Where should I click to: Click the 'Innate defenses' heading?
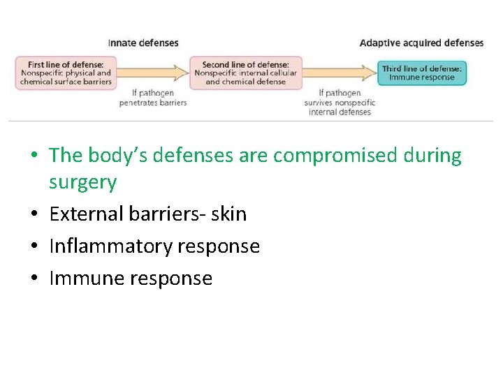(x=143, y=43)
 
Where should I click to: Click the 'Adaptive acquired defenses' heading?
(x=421, y=43)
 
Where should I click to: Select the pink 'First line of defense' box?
(x=66, y=73)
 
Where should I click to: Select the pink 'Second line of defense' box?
(x=245, y=73)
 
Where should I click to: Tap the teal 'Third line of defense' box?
(x=421, y=73)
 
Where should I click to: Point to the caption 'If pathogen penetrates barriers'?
(x=153, y=98)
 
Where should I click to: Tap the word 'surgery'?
(x=82, y=183)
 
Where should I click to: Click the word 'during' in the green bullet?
(x=432, y=156)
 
